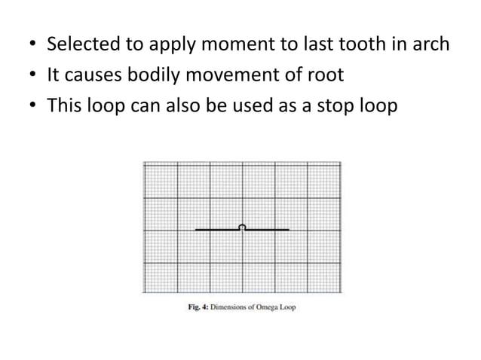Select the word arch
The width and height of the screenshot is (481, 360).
pos(430,46)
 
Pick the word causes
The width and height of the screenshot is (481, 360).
pos(92,76)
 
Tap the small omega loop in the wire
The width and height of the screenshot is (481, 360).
pos(242,226)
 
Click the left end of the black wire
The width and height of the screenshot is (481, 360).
pos(197,228)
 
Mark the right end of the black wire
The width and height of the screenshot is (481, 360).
pos(288,228)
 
